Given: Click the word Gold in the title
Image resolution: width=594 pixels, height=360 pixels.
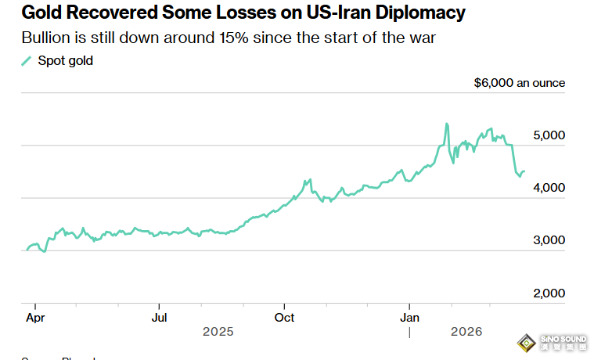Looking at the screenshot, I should (x=44, y=13).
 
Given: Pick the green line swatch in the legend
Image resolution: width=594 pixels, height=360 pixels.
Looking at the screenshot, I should (x=27, y=61).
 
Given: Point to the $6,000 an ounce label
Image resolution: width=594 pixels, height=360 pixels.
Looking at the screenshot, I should (x=519, y=83).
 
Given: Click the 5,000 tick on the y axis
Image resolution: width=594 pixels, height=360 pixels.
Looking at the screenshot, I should (x=549, y=135).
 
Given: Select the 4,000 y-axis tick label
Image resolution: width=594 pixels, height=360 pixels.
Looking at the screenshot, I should (x=549, y=188).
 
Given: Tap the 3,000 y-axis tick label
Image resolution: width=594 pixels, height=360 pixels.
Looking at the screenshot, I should (x=549, y=240).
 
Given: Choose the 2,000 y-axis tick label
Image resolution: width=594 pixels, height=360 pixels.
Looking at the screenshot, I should (x=549, y=293).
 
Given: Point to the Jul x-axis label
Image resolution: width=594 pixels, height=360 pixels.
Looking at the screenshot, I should (x=159, y=318).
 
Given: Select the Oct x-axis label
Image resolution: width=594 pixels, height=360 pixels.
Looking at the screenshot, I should (x=285, y=318).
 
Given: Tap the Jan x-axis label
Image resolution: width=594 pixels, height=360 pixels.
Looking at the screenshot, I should (x=410, y=318).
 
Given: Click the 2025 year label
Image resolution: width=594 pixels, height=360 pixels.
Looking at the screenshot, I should (x=218, y=332).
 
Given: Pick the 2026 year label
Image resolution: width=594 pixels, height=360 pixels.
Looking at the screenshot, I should (x=466, y=332).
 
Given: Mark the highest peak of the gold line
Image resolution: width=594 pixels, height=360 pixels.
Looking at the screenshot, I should (x=446, y=124).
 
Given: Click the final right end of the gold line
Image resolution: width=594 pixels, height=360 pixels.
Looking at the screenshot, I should (x=524, y=171).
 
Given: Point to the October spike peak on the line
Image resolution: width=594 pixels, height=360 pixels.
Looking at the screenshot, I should (x=310, y=179).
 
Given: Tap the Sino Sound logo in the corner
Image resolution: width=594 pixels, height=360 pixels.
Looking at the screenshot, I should (x=553, y=344).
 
